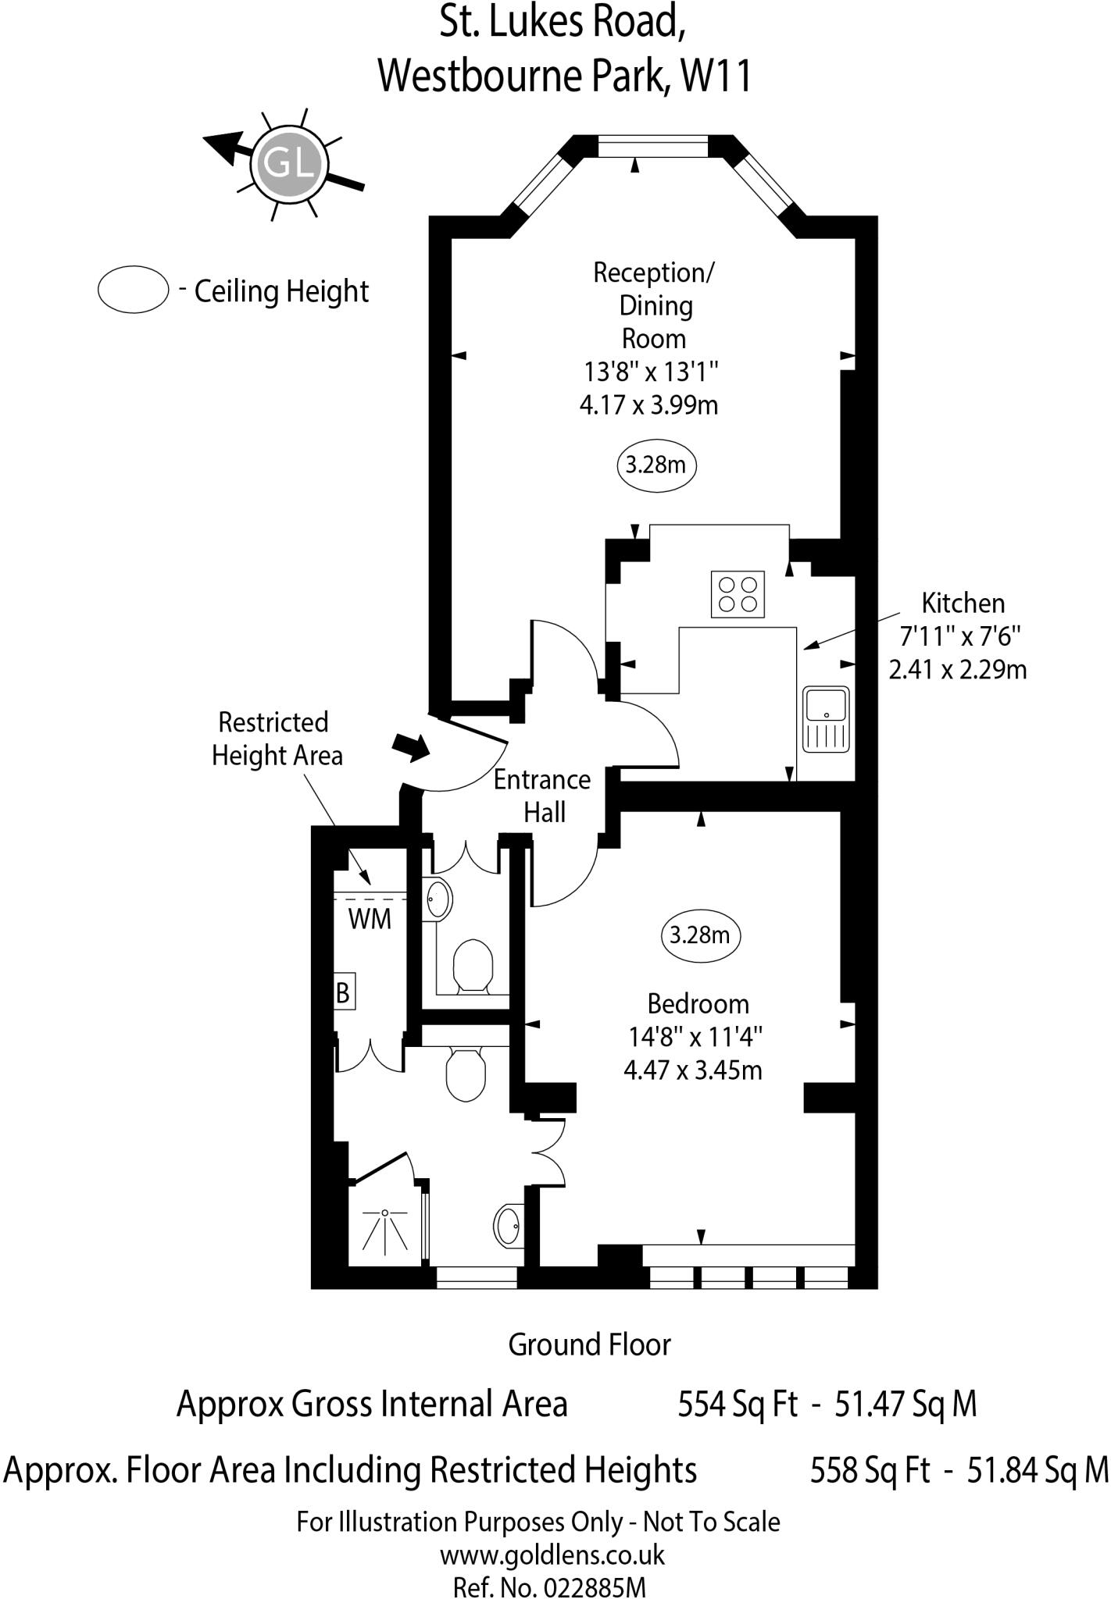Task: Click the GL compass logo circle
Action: (288, 165)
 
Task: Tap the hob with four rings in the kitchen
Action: (738, 595)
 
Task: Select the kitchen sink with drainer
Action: (826, 718)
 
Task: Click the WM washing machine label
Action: (370, 919)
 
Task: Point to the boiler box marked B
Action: (343, 992)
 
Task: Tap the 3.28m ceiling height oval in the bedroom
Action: (699, 935)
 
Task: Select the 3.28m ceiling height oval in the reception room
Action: (656, 465)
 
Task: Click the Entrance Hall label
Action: (543, 796)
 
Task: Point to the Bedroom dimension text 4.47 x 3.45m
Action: (693, 1070)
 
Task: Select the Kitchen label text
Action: (963, 604)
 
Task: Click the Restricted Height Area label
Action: (277, 739)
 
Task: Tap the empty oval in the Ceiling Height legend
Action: (134, 290)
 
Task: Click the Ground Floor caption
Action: (589, 1344)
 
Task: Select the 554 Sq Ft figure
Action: (737, 1404)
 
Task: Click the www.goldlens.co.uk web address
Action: (552, 1554)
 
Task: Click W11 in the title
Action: (716, 77)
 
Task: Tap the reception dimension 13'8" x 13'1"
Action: (651, 372)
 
